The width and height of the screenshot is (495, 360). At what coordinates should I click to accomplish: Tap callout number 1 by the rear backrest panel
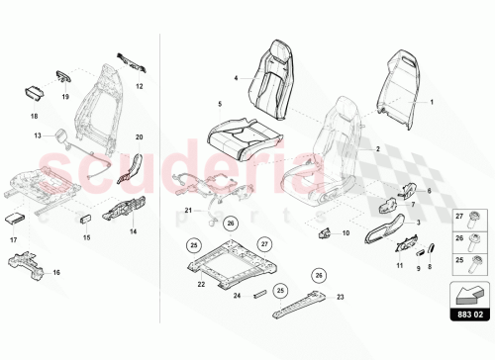coord(431,102)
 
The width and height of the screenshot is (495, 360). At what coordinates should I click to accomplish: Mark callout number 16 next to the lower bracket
coord(55,272)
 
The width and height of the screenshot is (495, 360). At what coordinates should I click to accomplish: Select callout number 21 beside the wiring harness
coord(188,211)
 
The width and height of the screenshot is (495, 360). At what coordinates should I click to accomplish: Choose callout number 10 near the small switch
coord(346,233)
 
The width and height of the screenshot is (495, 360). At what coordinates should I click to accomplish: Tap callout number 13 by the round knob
coord(38,136)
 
